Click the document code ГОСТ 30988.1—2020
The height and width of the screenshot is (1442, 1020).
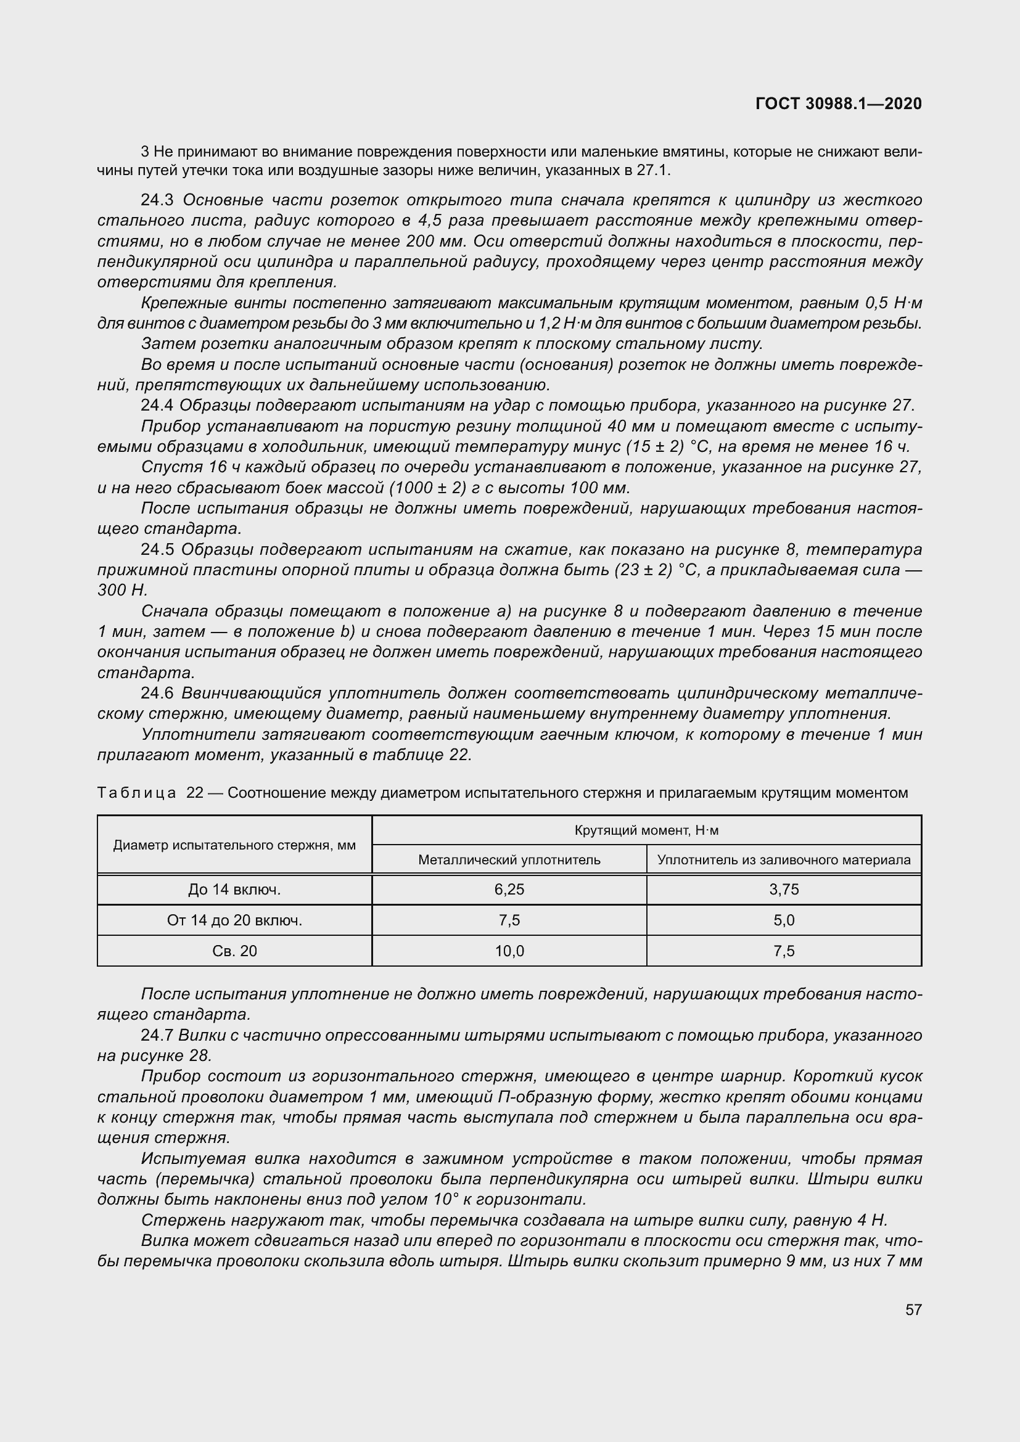(839, 104)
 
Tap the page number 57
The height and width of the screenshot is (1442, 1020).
(913, 1309)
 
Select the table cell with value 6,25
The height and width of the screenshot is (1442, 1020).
(509, 890)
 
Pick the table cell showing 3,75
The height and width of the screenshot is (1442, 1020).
(784, 890)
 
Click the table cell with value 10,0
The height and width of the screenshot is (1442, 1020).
(509, 951)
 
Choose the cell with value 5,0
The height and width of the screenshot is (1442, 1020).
(784, 920)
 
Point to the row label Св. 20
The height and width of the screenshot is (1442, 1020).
(234, 951)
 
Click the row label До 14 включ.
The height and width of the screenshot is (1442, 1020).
(234, 890)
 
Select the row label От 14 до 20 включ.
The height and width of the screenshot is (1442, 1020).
(234, 920)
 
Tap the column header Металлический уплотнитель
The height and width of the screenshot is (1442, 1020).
(509, 860)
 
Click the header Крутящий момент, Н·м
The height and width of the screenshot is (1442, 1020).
(646, 830)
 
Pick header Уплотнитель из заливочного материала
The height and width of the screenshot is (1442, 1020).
(784, 860)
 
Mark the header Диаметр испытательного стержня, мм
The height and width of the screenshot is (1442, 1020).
(234, 845)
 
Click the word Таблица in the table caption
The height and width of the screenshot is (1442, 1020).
(136, 793)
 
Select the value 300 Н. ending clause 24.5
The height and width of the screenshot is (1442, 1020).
(122, 591)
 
